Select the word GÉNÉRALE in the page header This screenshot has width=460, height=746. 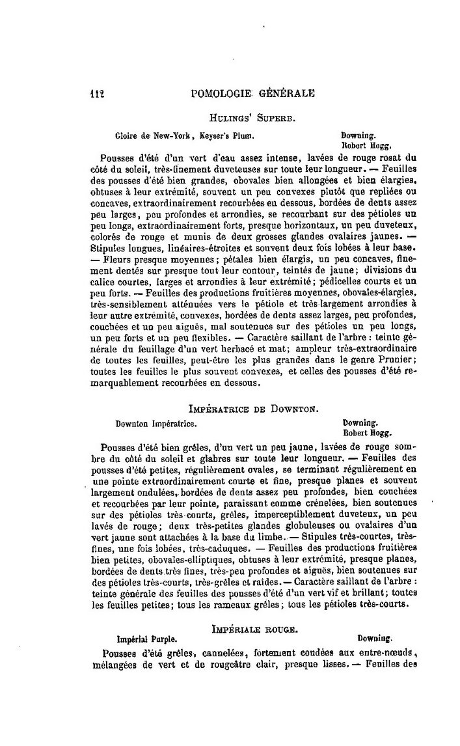(x=287, y=93)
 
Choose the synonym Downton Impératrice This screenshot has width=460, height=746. (x=156, y=422)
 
